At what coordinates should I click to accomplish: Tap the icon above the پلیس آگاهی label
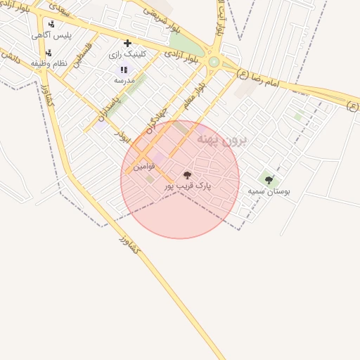coord(51,24)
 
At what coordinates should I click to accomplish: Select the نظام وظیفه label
coord(49,63)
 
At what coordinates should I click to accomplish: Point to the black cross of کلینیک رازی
coord(127,43)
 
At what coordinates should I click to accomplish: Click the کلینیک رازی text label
coord(127,54)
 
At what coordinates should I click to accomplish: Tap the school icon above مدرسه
coord(124,69)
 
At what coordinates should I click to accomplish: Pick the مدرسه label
coord(124,80)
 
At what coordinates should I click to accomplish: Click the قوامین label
coord(144,167)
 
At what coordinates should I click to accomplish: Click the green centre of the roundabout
coord(214,62)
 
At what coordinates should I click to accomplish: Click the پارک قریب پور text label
coord(188,186)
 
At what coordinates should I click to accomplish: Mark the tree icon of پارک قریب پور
coord(187,174)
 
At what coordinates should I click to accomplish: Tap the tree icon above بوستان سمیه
coord(269,180)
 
